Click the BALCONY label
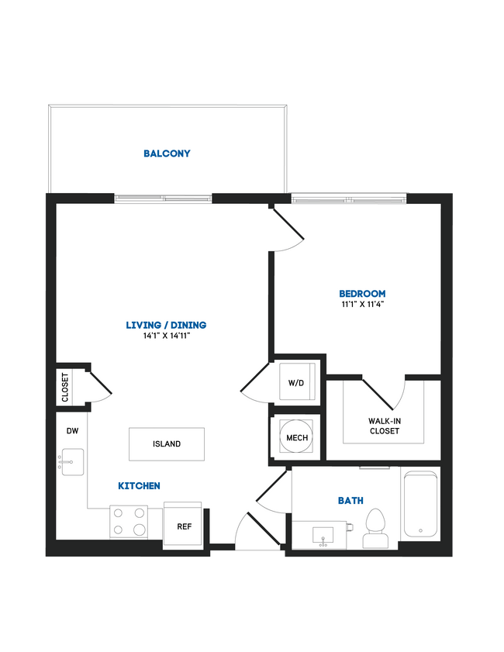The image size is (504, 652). click(167, 154)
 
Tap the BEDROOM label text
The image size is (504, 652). click(362, 294)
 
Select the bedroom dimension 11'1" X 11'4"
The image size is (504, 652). click(362, 304)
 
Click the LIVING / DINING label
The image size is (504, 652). click(167, 325)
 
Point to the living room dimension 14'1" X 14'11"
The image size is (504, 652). click(167, 336)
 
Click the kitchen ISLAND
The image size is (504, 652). click(167, 444)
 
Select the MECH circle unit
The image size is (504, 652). click(297, 438)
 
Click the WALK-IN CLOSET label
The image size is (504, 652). click(384, 426)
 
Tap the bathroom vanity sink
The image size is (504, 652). click(323, 535)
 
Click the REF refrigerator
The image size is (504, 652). click(184, 526)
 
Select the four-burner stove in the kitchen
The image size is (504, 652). click(129, 522)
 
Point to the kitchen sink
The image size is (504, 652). click(72, 463)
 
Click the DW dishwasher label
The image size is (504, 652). click(71, 429)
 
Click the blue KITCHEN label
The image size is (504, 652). click(139, 486)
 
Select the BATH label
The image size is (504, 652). click(350, 501)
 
